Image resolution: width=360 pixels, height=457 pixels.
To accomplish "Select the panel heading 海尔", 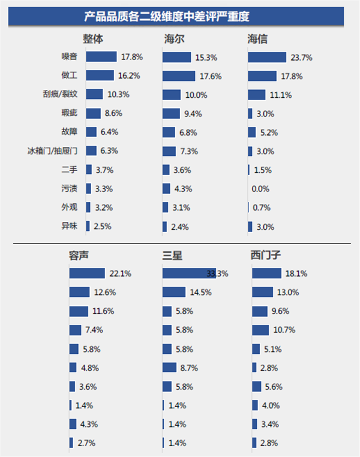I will click(x=174, y=39).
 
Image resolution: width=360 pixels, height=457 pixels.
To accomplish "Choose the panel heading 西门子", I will click(x=266, y=255).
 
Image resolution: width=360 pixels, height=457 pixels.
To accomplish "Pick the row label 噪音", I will click(x=70, y=57).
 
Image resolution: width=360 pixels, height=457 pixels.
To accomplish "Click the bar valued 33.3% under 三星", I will click(x=189, y=273).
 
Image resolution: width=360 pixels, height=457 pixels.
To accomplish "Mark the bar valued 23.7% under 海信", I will click(x=267, y=58).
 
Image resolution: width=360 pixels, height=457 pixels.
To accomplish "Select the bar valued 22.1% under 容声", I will click(x=87, y=273).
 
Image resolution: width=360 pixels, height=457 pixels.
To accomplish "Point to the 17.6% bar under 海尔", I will click(x=179, y=76).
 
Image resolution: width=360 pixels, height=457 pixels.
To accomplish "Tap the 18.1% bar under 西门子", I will click(x=266, y=273).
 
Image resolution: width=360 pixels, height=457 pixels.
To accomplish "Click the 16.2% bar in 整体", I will click(x=100, y=76).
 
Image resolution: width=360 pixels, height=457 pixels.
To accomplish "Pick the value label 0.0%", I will click(x=260, y=189).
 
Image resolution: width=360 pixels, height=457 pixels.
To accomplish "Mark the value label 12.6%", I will click(x=105, y=292).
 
